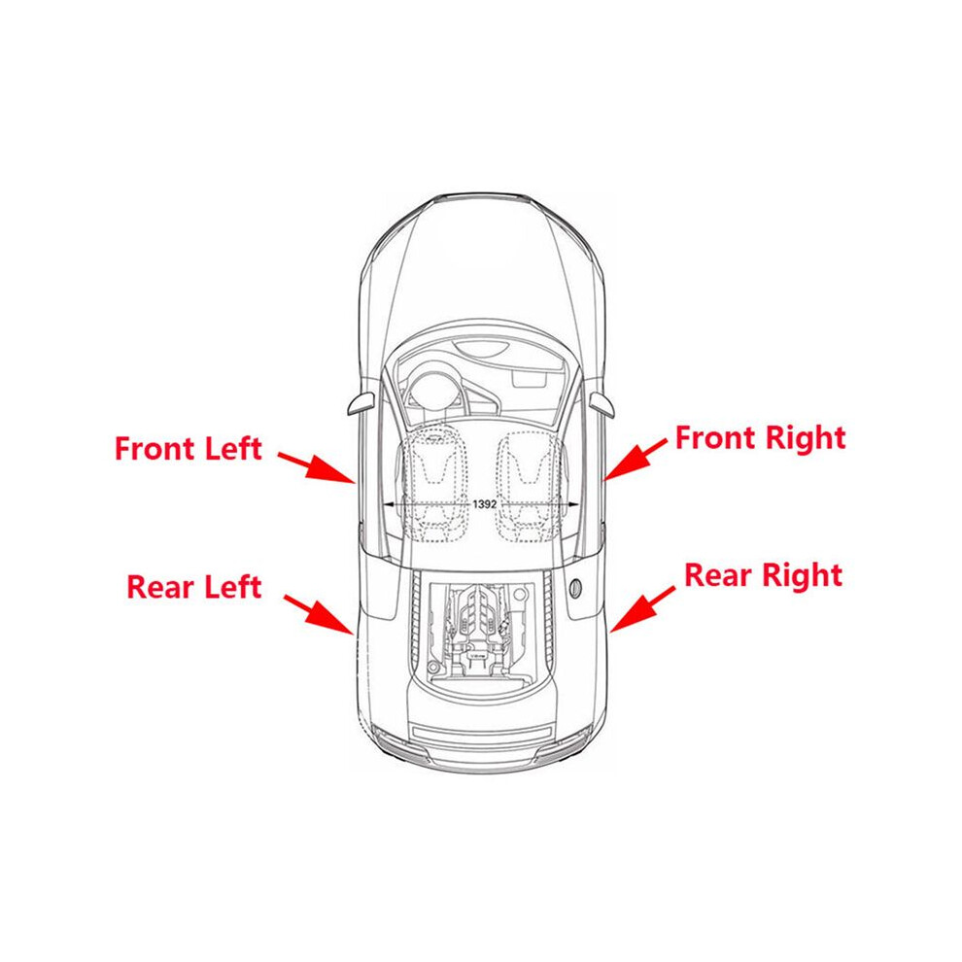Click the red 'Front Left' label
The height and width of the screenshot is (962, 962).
click(189, 449)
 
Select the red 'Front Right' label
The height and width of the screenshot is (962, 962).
click(760, 438)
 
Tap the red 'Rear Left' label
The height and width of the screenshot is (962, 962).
click(194, 587)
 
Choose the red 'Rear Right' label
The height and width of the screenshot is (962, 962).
click(763, 575)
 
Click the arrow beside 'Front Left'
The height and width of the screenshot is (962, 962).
click(316, 468)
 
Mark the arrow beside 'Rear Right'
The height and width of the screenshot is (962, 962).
click(642, 608)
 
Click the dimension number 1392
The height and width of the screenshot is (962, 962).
click(485, 504)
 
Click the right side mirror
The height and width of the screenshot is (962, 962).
click(601, 403)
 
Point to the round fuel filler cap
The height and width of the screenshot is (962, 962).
click(576, 588)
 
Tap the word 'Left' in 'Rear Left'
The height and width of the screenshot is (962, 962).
click(233, 587)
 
